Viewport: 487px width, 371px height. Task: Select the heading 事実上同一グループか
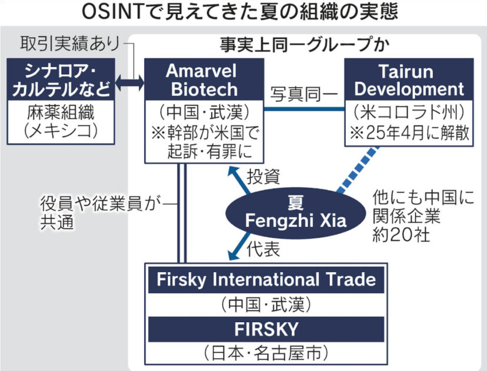(x=306, y=44)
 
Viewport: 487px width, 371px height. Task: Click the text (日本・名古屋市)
(x=266, y=353)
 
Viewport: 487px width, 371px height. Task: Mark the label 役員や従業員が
(x=100, y=204)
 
